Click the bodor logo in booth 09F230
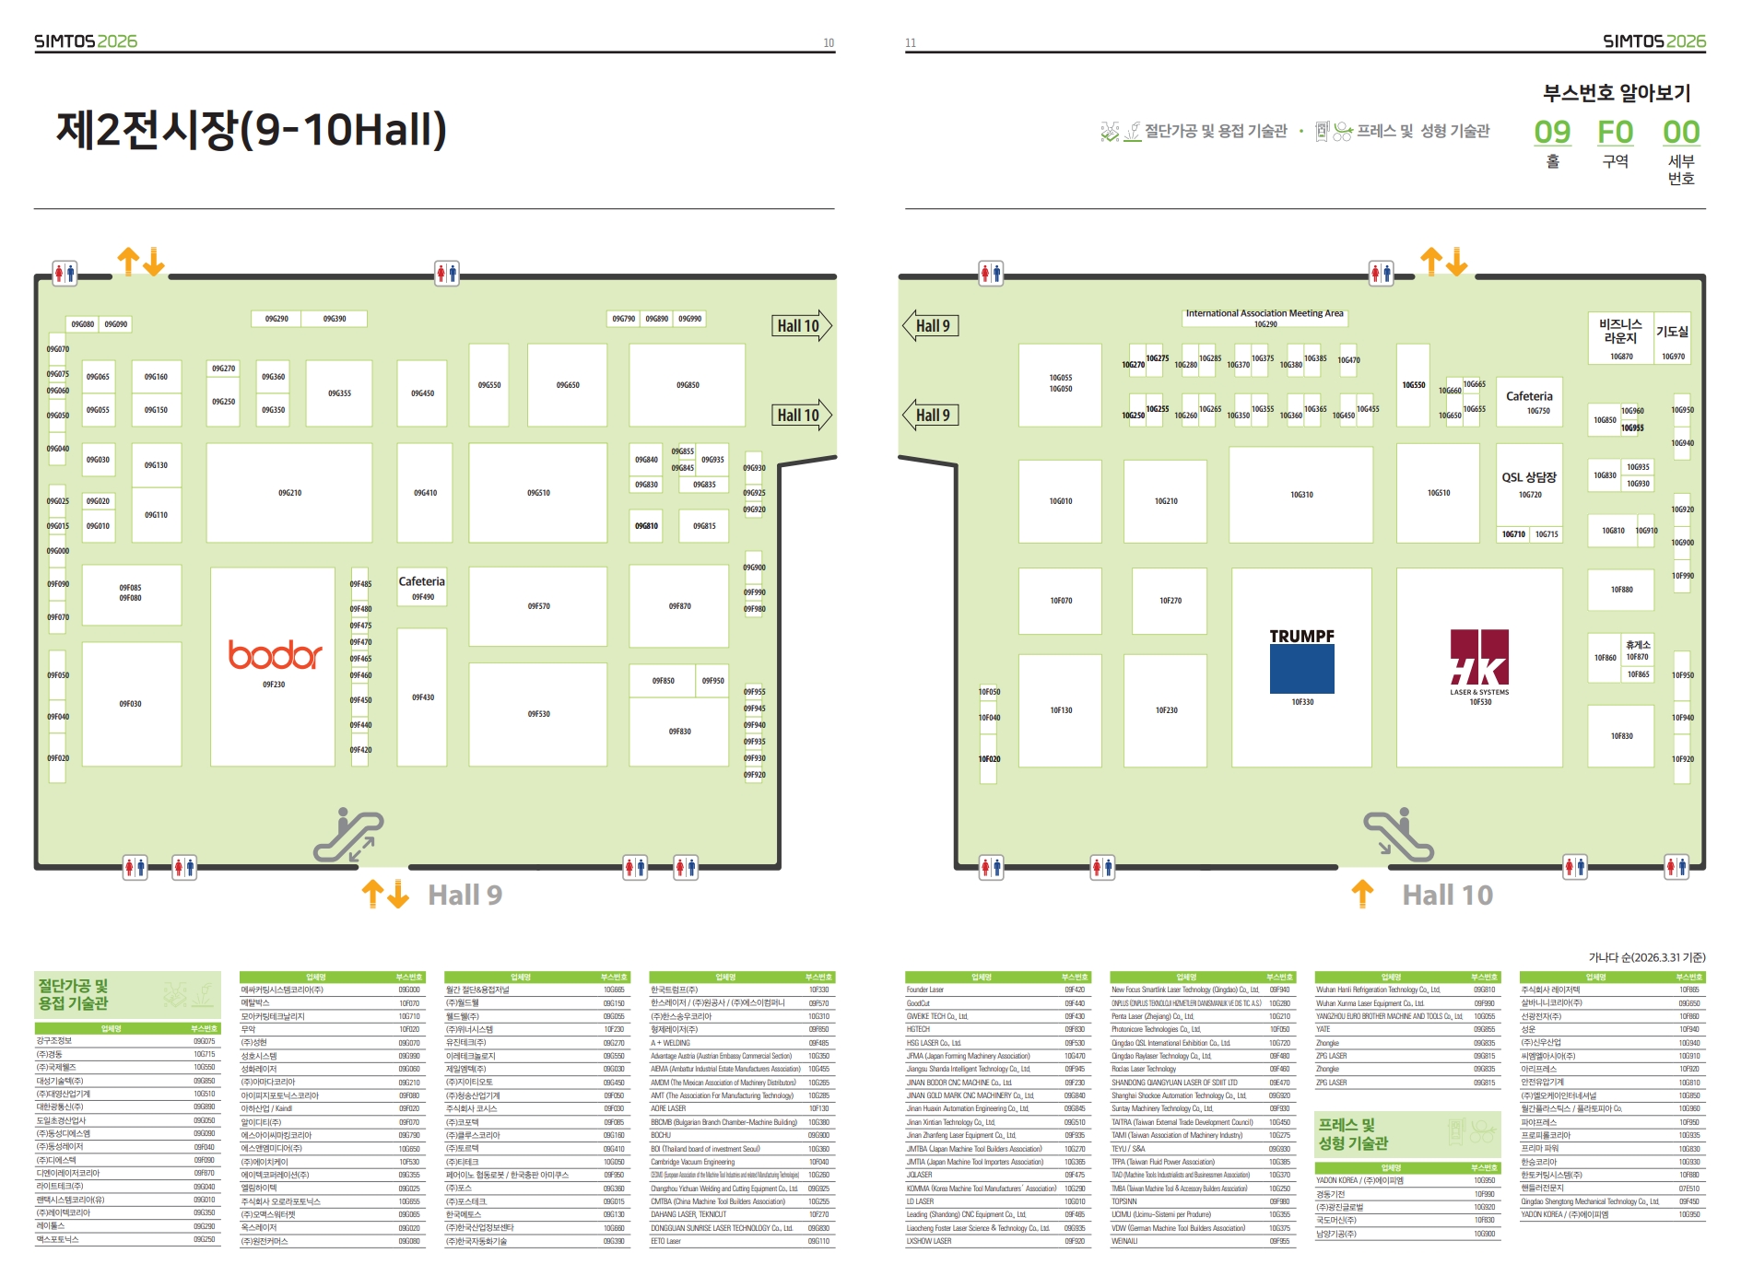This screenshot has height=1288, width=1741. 275,655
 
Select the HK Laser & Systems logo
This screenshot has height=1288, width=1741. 1479,662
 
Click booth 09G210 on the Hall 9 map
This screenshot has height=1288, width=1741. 289,493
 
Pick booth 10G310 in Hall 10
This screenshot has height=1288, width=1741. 1300,495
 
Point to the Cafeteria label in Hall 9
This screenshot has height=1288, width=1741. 421,582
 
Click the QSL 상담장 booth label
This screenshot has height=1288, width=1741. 1529,477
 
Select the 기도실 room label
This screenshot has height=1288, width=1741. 1672,333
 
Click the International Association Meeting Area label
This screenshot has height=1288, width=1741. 1265,314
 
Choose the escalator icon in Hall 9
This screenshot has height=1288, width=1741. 347,836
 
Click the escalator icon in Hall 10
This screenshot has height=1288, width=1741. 1398,836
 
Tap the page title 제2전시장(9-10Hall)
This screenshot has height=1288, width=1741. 252,130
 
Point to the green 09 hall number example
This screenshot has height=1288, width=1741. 1552,133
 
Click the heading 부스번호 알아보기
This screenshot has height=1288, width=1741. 1617,93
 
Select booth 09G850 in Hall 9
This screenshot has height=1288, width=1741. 687,385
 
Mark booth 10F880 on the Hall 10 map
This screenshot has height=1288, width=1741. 1620,590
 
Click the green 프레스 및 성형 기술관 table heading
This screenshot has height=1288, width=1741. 1353,1134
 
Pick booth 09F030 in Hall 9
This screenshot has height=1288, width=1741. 131,704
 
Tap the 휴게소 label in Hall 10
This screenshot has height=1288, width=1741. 1638,645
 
